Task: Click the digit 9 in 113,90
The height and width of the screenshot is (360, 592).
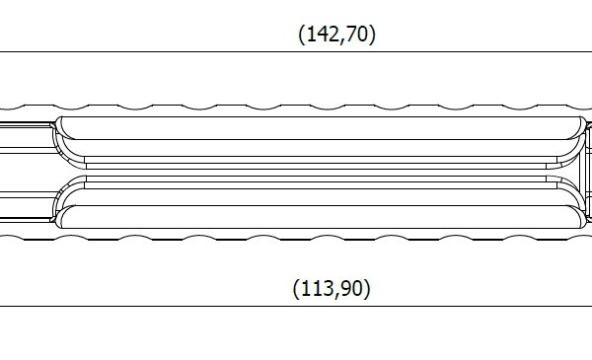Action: (x=344, y=288)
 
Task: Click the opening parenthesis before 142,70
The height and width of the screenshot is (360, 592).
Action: (x=301, y=35)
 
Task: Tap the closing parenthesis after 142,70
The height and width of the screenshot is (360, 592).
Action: (x=373, y=35)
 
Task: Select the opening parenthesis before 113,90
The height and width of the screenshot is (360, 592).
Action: (x=296, y=289)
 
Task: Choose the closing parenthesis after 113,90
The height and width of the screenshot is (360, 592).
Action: (x=367, y=289)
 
